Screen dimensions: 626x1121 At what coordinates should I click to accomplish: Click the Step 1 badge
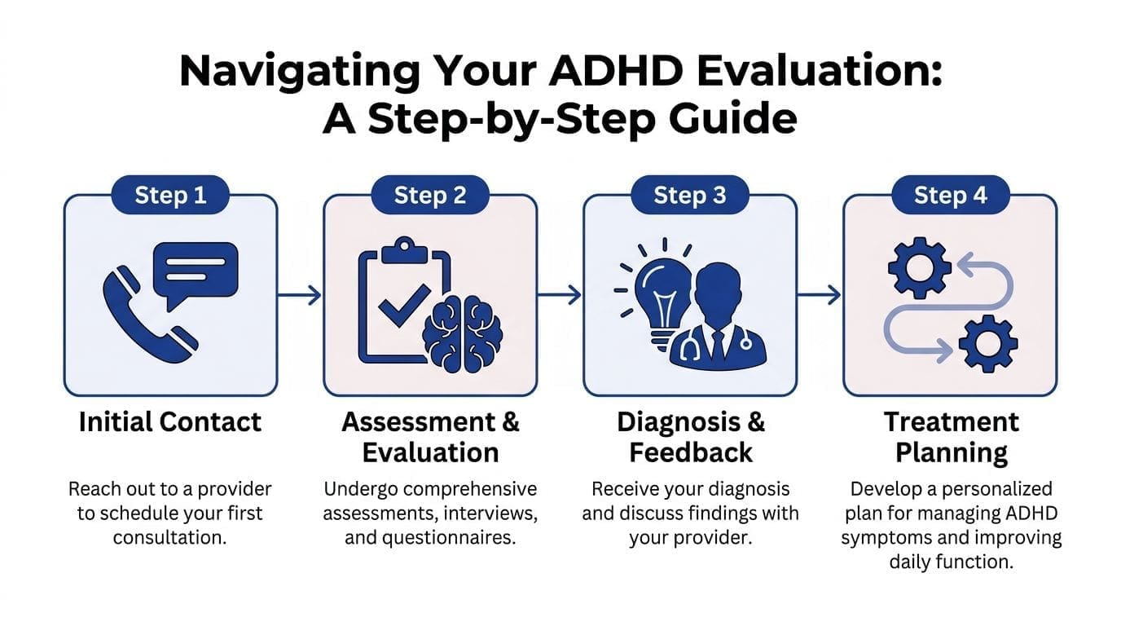tap(170, 196)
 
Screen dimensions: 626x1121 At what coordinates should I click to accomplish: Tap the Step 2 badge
tap(430, 196)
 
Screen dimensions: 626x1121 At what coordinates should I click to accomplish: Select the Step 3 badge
tap(690, 196)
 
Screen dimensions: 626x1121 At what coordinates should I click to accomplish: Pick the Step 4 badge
tap(950, 196)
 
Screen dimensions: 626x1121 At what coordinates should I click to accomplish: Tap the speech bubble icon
tap(196, 272)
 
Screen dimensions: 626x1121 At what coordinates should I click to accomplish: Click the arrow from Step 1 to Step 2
tap(301, 295)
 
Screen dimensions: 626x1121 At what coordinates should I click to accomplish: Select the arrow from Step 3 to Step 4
tap(820, 295)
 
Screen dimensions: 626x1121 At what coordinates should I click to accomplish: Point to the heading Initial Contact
tap(170, 422)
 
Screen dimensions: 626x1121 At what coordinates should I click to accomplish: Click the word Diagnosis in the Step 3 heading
tap(679, 422)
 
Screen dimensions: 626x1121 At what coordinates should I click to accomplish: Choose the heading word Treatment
tap(951, 422)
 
